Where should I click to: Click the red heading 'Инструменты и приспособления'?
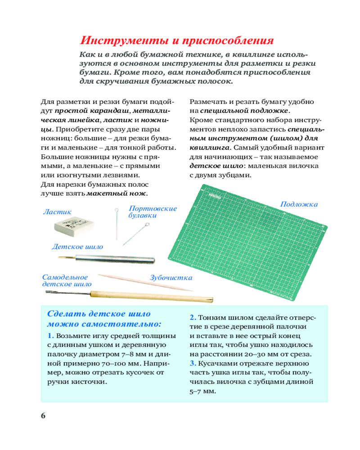coord(176,40)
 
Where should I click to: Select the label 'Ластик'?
coord(57,211)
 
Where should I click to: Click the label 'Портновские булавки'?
coord(152,212)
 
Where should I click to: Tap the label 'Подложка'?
coord(299,204)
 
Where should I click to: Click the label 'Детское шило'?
coord(77,247)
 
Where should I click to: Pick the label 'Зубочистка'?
coord(171,278)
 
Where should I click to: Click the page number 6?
coord(43,415)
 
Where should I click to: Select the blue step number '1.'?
coord(50,336)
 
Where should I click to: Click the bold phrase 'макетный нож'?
coord(117,193)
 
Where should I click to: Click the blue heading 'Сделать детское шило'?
coord(99,314)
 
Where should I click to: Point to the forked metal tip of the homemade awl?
coord(52,293)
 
